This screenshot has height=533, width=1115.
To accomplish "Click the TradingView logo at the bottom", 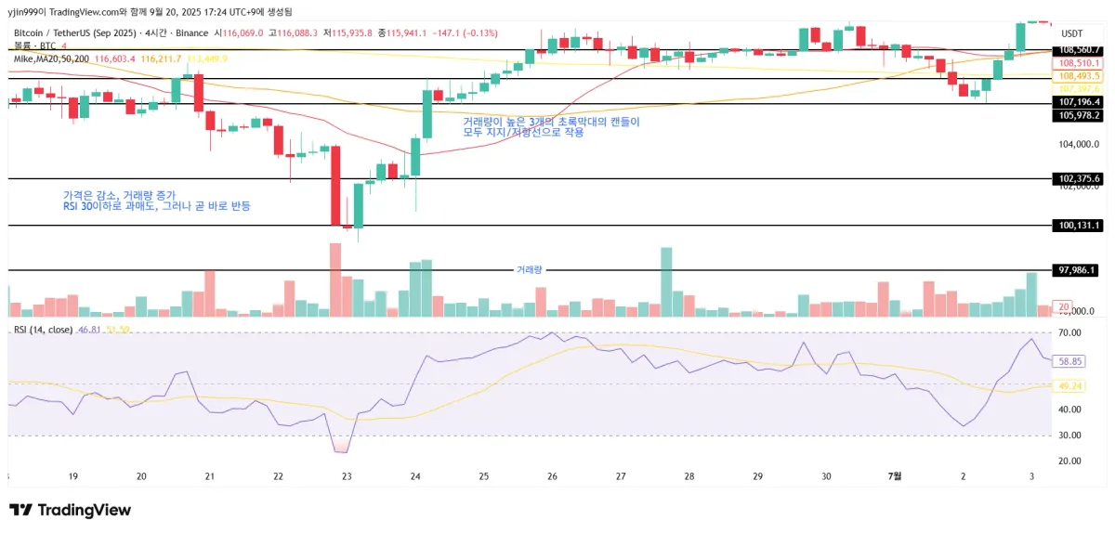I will coord(70,510).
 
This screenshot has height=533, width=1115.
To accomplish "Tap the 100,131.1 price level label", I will coord(1079,226).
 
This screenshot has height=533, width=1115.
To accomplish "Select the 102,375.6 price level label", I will coord(1079,178).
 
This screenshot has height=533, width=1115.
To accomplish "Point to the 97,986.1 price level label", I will coord(1079,270).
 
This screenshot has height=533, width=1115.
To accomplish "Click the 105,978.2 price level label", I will coord(1079,115).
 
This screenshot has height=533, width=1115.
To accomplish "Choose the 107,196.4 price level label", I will coord(1079,102).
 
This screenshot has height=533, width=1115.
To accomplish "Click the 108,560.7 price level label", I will coord(1079,50).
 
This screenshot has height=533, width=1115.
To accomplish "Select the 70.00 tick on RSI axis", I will coord(1069,332).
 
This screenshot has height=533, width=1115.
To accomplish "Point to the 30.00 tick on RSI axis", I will coord(1069,435).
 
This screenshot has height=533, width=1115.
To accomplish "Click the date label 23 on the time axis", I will coord(347,476).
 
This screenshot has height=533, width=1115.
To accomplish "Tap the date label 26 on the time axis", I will coord(552,476).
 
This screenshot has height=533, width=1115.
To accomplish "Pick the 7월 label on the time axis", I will coord(894,476).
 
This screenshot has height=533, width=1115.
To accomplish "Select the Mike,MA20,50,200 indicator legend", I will coord(52,58).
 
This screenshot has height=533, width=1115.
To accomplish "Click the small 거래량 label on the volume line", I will coord(529,269).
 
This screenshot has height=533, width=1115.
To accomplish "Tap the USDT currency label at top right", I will coord(1071,32).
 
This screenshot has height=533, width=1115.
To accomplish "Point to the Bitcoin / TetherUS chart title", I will coord(74,32).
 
